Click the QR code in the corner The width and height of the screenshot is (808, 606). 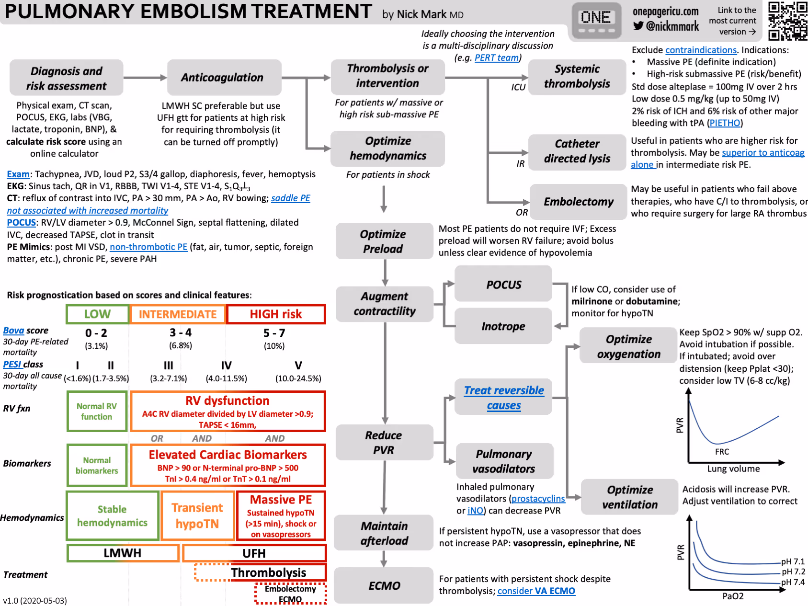tap(787, 20)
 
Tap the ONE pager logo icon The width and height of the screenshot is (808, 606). tap(596, 20)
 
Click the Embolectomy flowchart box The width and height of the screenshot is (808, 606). tap(578, 202)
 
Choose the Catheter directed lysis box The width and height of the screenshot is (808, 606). tap(577, 151)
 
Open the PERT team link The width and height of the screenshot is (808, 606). tap(496, 58)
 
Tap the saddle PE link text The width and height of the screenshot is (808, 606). tap(290, 198)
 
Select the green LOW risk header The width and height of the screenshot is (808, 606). tap(97, 314)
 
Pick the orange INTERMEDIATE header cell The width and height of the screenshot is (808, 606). tap(178, 314)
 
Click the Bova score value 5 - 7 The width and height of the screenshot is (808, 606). tap(274, 333)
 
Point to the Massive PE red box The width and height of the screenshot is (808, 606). tap(281, 515)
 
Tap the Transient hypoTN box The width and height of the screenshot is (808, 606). tap(197, 515)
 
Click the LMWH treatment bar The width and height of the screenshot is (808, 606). tap(123, 553)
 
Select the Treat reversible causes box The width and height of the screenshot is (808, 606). tap(503, 398)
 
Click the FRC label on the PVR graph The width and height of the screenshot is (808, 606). tap(722, 452)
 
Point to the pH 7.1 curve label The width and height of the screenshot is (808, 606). tap(793, 561)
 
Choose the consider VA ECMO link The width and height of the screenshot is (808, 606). tap(536, 591)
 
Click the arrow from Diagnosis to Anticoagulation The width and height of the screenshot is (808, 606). tap(145, 78)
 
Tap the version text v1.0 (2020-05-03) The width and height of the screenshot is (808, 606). tap(35, 601)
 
